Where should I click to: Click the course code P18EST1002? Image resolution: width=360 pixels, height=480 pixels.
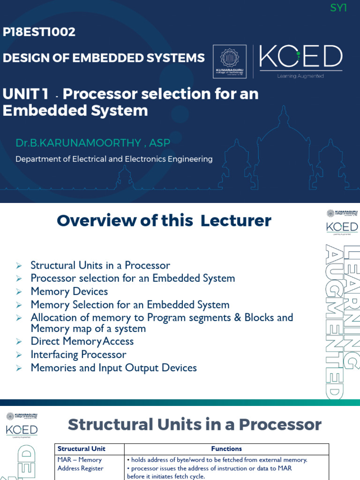(x=39, y=32)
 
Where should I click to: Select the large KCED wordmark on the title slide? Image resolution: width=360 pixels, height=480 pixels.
(x=300, y=57)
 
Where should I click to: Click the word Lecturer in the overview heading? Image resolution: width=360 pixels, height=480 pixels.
(x=236, y=220)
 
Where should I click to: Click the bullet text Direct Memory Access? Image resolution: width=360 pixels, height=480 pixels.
(x=82, y=341)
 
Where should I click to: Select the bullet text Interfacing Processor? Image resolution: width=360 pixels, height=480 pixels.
(x=78, y=354)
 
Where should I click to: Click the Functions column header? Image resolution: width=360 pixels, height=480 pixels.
(x=226, y=449)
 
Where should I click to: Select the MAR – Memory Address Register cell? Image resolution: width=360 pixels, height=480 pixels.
(x=80, y=464)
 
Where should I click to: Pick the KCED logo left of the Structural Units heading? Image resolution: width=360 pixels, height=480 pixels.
(x=22, y=429)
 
